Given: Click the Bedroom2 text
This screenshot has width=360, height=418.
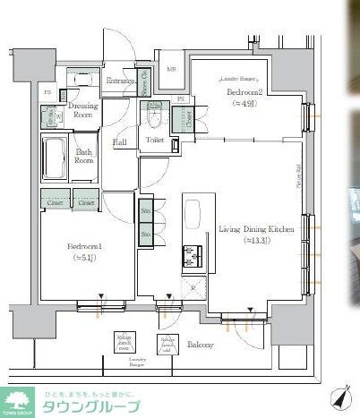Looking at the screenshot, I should pos(243,91).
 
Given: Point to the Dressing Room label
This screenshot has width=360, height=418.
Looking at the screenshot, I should pos(82,110).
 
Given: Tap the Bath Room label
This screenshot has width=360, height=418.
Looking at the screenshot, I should pos(84,157).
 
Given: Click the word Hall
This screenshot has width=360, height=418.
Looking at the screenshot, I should pos(118,142).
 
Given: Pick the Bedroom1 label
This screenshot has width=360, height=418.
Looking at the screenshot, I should pos(83,246).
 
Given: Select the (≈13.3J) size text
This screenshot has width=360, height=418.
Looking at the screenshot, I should pos(255,242).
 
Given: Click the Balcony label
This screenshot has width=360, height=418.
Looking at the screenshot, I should pos(200,345).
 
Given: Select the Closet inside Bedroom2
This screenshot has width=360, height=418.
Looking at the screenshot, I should pos(188,116).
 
